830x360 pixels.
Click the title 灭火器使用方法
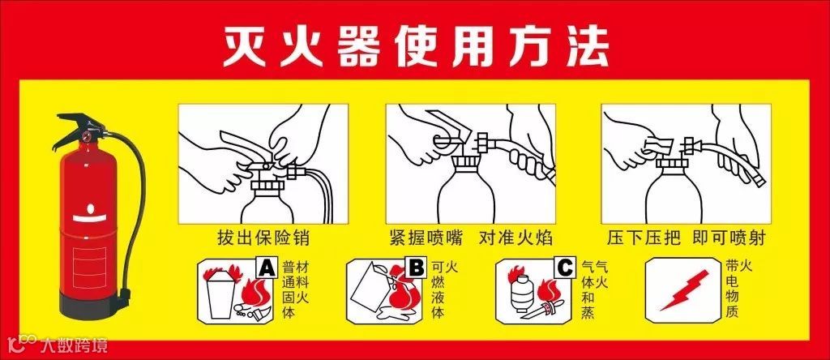[416, 45]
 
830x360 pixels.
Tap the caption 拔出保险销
[263, 238]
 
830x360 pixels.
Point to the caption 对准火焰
[516, 238]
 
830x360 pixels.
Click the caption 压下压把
[643, 238]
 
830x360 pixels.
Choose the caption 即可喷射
[729, 238]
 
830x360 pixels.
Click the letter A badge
[266, 268]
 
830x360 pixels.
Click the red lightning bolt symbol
[684, 290]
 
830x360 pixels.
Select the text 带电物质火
[739, 289]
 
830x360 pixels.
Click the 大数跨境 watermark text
[74, 345]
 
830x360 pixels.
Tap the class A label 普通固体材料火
[295, 289]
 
